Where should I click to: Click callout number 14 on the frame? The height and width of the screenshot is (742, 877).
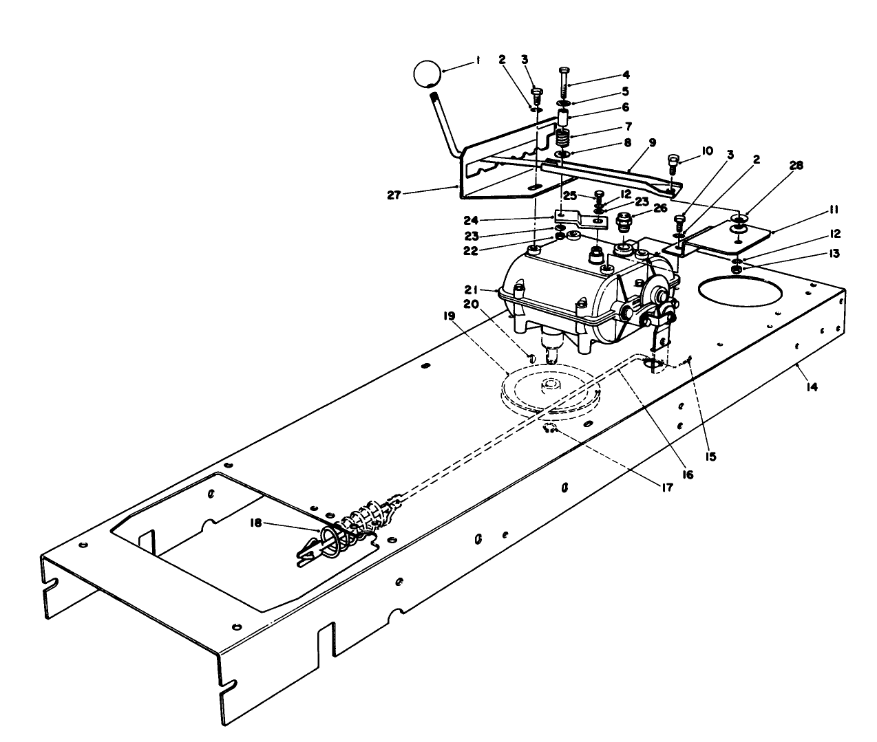point(812,387)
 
